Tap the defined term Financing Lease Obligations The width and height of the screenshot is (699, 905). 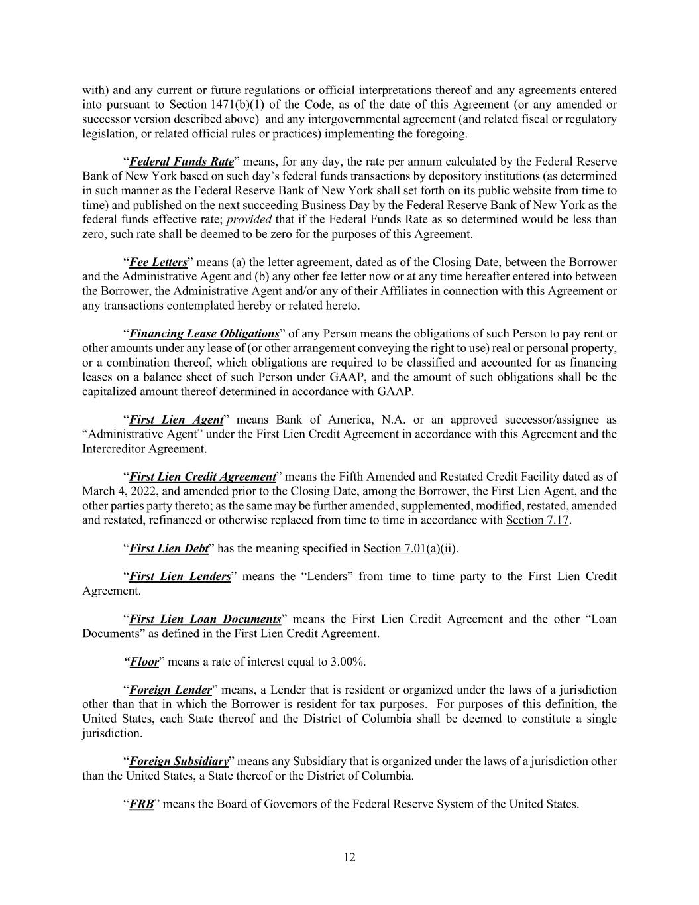tap(203, 333)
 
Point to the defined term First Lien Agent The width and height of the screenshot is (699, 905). tap(176, 420)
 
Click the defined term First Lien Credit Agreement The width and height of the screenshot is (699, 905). tap(202, 477)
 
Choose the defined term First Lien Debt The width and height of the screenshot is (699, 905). tap(169, 548)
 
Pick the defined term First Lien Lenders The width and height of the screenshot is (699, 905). tap(180, 576)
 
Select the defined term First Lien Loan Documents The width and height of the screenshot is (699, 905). tap(205, 619)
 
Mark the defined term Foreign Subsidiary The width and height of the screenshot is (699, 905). tap(179, 761)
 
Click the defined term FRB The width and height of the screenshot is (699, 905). tap(141, 804)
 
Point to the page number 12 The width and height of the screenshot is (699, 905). tap(349, 857)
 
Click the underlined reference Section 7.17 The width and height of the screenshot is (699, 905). tap(537, 520)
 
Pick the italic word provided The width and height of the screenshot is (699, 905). tap(249, 219)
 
